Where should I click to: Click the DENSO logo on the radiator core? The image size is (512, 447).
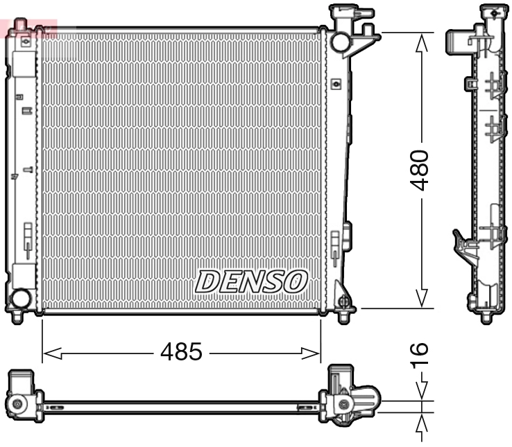[250, 281]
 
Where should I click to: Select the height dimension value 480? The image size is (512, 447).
[420, 170]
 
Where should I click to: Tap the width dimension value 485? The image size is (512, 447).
[181, 352]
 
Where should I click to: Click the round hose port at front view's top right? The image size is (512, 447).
[340, 42]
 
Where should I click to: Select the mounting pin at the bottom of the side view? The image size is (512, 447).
[486, 317]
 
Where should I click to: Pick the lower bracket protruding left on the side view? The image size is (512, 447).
[462, 244]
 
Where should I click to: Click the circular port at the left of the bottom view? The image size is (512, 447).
[17, 403]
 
